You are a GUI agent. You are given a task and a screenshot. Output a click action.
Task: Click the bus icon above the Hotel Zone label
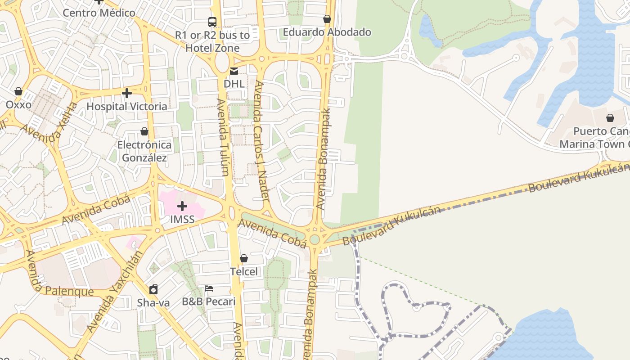point(212,22)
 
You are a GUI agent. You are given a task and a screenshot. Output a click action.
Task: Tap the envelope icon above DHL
point(234,71)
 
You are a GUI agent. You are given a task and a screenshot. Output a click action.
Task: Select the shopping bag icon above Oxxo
point(18,91)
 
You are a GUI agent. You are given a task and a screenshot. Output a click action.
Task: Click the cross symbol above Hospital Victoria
point(127,93)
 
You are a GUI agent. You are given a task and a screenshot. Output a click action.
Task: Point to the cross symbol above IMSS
point(182,206)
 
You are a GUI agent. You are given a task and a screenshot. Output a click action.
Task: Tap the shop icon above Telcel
point(244,258)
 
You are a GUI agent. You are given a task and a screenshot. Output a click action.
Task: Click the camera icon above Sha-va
point(153,289)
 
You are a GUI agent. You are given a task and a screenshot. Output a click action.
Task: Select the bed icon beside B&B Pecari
point(209,288)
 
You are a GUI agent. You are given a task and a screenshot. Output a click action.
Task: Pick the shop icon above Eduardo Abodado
point(327,19)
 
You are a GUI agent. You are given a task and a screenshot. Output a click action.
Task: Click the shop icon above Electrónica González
point(144,131)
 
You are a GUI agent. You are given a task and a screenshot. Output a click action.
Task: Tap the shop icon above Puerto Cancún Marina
point(610,118)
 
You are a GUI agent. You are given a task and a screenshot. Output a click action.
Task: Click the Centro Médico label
point(99,13)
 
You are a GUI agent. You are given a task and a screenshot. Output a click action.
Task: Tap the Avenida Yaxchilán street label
point(115,292)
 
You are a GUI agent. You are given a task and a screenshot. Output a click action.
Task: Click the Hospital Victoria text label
point(127,107)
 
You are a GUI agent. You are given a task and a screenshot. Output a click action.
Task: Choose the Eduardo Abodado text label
point(327,32)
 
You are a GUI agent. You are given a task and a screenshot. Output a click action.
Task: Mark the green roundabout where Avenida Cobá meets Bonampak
point(315,239)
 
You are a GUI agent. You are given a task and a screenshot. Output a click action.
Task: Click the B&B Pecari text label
point(209,301)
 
